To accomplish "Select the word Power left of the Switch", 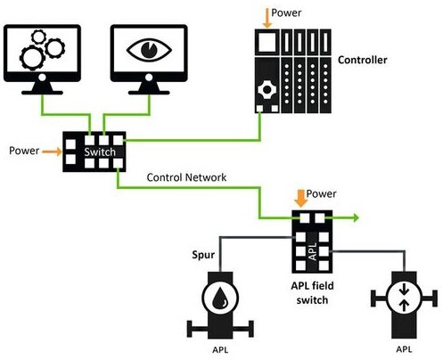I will tap(24, 151).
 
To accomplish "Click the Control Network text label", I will tap(186, 178).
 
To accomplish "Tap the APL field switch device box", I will tap(312, 241).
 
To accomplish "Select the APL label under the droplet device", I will tap(217, 350).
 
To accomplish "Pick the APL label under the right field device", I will tap(403, 350).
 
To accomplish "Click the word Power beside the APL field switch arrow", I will tap(323, 193).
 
